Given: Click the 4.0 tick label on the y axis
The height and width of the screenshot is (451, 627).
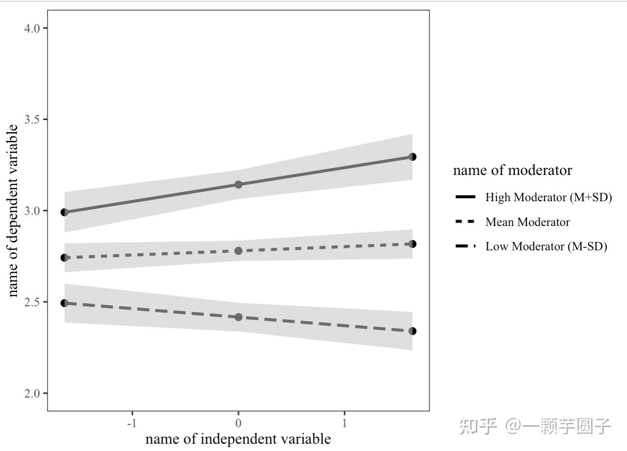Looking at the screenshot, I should pos(32,28).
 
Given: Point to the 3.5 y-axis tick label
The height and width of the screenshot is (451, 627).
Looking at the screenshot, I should pos(32,120).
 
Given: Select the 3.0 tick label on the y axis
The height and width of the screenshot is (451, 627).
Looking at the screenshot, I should pos(32,211).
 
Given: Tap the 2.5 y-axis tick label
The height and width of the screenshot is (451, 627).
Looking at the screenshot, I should pos(32,302).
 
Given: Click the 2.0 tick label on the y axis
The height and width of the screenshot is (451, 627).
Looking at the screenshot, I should pos(32,393).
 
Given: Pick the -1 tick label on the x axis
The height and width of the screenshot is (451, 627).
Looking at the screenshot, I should pos(132,423).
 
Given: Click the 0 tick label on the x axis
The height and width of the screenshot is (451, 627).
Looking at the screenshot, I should pos(238,423).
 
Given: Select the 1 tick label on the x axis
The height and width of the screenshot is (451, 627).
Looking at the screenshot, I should pos(345,423).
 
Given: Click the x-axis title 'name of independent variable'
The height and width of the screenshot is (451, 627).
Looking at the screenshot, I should pos(238,439).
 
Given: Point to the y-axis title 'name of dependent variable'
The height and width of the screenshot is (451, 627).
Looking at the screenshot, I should pos(13,210).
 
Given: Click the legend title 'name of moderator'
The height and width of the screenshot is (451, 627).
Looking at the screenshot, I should pos(512,171).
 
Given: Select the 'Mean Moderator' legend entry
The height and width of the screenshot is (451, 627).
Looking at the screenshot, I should pos(528,222).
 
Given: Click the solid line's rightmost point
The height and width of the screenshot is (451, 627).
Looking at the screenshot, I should pos(412,157).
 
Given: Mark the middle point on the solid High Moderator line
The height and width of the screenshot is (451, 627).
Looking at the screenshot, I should pos(238,185).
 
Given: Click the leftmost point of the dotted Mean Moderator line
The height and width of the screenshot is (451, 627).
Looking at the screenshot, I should pos(65,258).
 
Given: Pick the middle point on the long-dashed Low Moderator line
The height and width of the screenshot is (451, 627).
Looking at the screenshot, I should pos(238,317).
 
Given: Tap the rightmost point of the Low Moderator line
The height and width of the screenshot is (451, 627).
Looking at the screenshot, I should pos(412,331).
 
